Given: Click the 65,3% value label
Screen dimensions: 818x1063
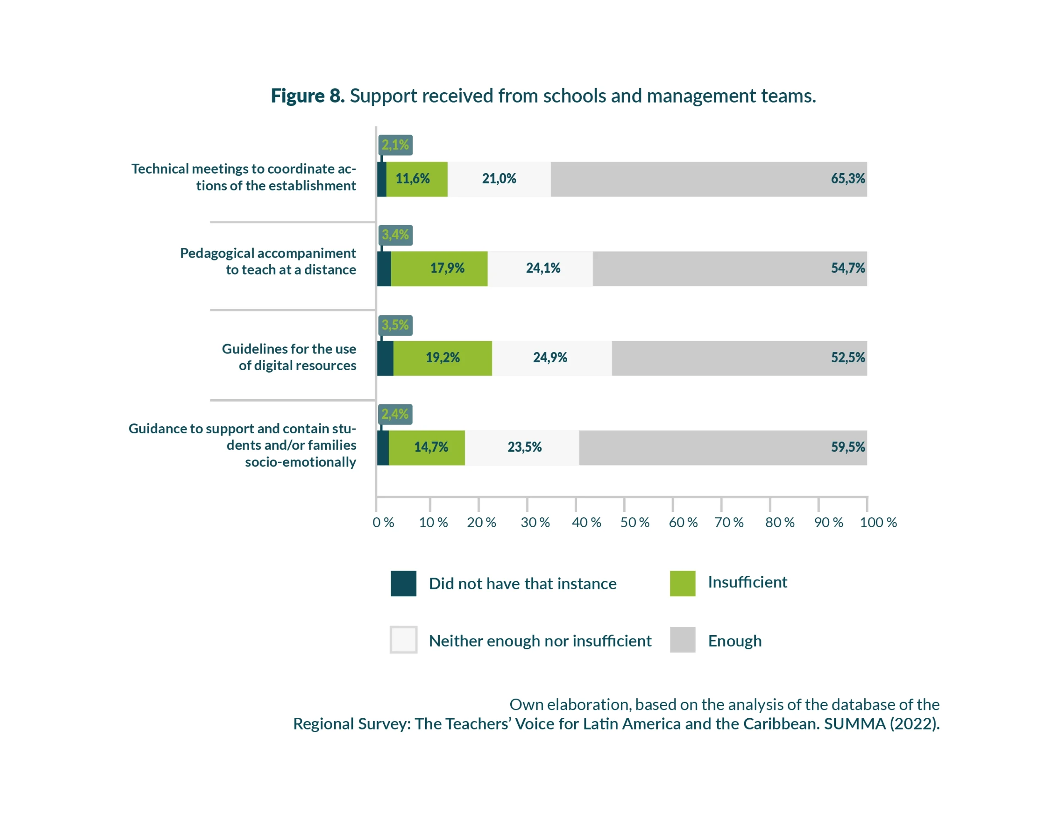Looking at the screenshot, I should coord(847,179).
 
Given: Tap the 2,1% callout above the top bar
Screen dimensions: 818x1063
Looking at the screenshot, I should coord(395,145).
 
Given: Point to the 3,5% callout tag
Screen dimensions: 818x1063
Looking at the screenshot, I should coord(395,325).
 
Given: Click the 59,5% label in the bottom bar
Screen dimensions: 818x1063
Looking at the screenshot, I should coord(847,447).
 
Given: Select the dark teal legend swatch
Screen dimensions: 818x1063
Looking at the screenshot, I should coord(403,583).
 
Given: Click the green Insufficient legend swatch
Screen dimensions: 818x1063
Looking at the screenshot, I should coord(682,583).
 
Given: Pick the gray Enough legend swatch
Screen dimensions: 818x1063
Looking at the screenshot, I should coord(682,640).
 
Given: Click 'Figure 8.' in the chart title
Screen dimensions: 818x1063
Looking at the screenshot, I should coord(308,96).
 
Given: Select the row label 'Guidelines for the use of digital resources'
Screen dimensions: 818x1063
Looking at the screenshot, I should coord(289,357).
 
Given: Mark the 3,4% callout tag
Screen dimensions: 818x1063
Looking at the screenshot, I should coord(395,235).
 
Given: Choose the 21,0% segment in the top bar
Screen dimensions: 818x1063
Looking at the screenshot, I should coord(499,179).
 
